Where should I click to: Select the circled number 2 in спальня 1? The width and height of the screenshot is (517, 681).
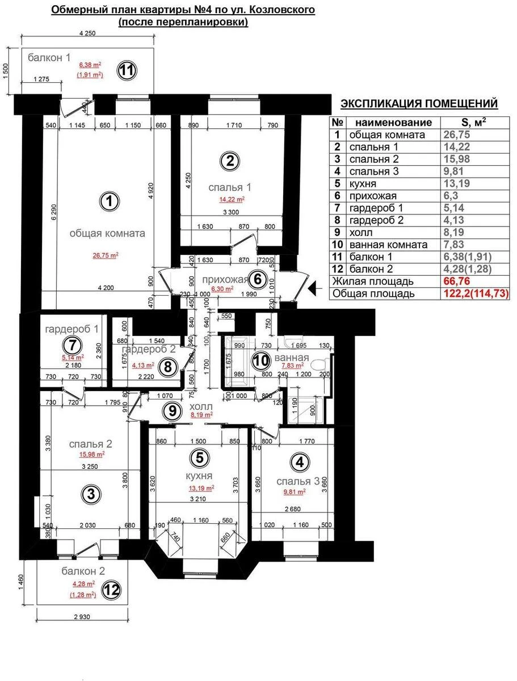point(229,161)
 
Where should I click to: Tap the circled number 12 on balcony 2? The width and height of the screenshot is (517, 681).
point(111,590)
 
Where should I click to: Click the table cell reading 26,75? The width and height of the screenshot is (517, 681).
point(456,135)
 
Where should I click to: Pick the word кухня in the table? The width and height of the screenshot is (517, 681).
point(363,184)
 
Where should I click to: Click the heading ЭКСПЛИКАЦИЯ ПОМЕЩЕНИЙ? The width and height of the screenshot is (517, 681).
point(419,103)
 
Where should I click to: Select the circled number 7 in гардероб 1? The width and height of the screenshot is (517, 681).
point(72,344)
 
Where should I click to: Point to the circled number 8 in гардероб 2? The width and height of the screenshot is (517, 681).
point(167,366)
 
